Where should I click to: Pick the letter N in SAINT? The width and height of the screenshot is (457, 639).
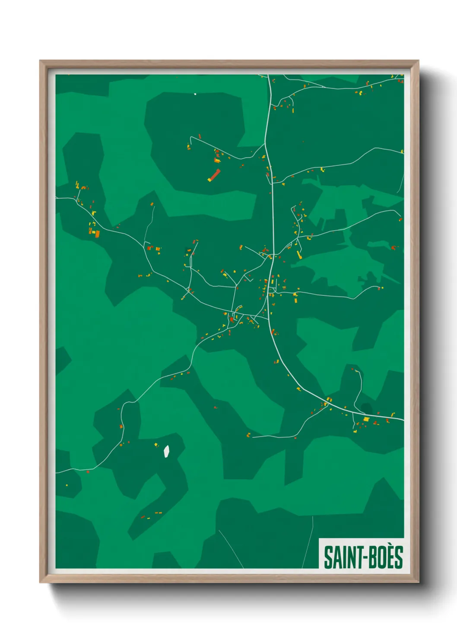349,557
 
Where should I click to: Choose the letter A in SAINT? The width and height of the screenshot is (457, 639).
335,557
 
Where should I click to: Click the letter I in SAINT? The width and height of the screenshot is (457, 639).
343,557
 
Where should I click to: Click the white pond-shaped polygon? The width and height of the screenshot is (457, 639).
166,451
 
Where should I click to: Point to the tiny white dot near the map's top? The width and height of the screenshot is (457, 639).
195,94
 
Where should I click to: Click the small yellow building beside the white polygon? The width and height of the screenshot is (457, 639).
156,445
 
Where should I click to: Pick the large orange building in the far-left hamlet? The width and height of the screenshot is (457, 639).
97,234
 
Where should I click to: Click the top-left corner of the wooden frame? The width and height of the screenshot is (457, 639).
41,61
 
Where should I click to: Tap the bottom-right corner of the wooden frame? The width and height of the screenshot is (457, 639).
418,582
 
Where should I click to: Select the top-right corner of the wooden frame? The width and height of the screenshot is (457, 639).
418,61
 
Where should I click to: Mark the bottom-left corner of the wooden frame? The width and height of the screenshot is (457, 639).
41,582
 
